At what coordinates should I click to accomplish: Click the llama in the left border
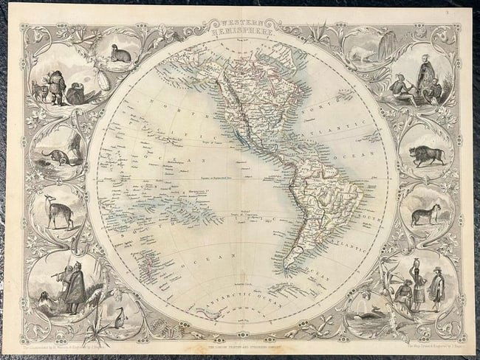53,210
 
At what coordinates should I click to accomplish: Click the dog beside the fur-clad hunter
38,91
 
